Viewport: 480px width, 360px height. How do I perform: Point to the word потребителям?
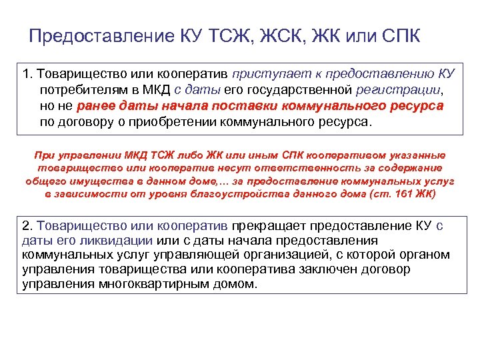84,90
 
